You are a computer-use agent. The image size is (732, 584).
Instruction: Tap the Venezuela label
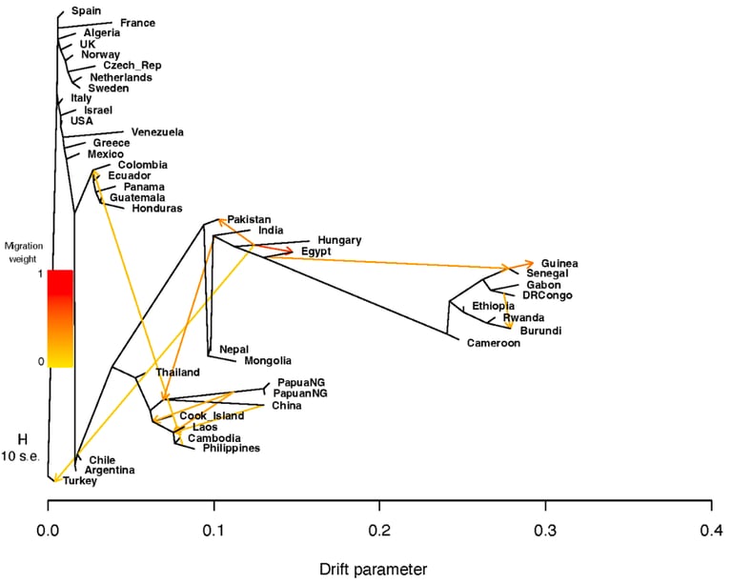point(157,131)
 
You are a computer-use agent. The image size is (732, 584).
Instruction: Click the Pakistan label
point(249,219)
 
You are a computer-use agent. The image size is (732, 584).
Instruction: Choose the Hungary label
point(340,241)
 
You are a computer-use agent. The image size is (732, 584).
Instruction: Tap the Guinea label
point(559,263)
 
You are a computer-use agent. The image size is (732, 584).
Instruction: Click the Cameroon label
point(494,343)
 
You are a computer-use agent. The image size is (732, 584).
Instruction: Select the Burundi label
point(540,331)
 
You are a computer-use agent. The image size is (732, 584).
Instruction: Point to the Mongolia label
point(268,360)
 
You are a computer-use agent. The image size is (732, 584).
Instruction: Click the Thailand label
point(177,372)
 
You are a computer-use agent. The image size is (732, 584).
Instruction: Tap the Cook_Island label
point(212,415)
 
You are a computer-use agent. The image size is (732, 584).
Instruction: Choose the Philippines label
point(232,448)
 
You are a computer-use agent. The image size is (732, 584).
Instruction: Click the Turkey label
point(81,481)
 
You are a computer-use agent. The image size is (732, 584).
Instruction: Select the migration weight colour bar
point(60,318)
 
